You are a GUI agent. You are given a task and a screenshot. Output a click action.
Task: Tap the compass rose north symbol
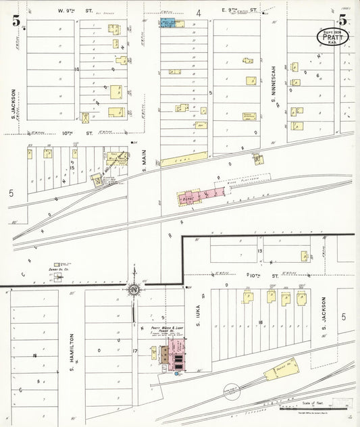pos(134,289)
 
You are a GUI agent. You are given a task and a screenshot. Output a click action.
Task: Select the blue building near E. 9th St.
pos(170,22)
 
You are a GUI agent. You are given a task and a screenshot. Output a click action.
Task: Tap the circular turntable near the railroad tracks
pos(232,391)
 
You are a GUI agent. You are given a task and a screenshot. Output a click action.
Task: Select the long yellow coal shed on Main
pos(184,159)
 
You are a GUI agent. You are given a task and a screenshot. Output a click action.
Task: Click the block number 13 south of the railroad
pos(259,251)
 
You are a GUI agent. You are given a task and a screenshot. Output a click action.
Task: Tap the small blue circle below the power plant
pos(177,372)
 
